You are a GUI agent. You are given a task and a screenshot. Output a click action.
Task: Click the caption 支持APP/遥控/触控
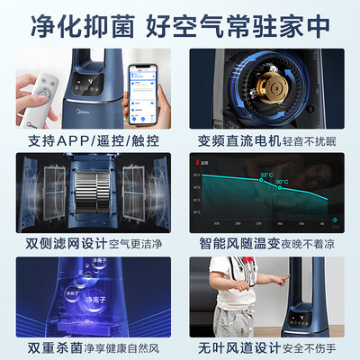[90, 142]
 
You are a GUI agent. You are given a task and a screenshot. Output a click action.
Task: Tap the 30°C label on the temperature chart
[282, 183]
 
